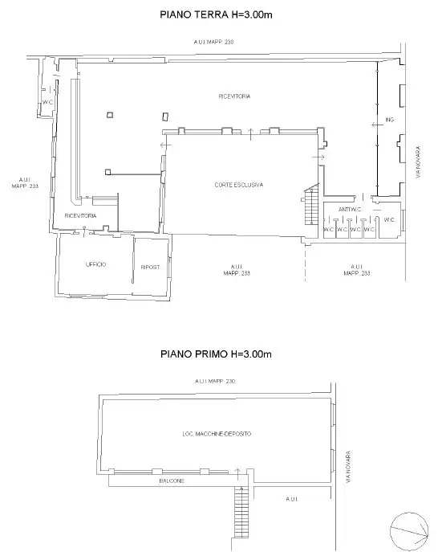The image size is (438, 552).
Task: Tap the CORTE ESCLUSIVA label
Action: (239, 185)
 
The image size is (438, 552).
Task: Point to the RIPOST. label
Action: (149, 267)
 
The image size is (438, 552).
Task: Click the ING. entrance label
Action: (391, 120)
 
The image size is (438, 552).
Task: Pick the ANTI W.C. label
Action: (351, 210)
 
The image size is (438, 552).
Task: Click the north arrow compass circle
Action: (408, 530)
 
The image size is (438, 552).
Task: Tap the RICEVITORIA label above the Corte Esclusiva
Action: (234, 96)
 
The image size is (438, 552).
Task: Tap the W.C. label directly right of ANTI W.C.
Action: (388, 219)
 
